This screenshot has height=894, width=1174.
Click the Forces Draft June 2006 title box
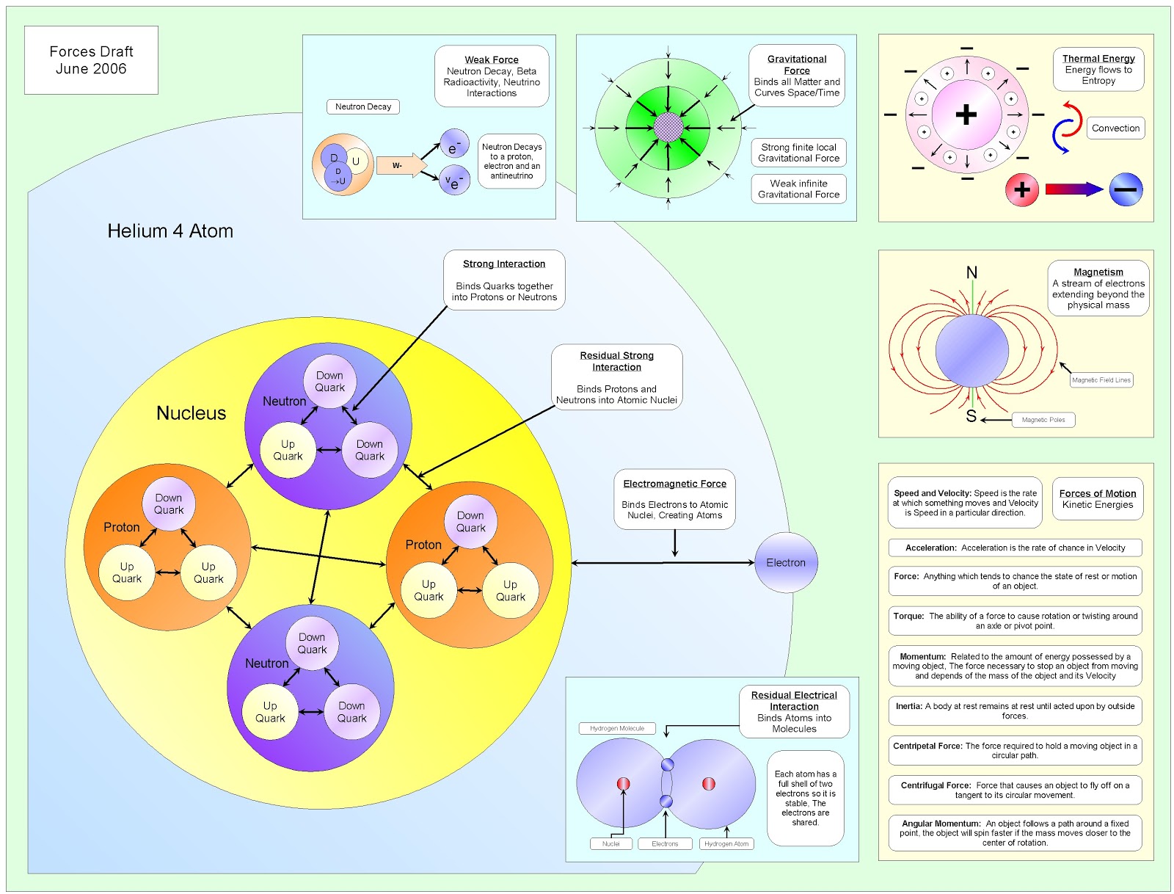coord(91,60)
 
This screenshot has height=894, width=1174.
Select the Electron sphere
coord(786,562)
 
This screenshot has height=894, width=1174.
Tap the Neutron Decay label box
coord(362,106)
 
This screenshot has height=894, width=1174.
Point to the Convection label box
coord(1115,128)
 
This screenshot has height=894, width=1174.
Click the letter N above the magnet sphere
coord(971,272)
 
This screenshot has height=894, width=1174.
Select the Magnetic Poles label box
coord(1043,420)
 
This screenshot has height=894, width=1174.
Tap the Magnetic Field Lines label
coord(1101,379)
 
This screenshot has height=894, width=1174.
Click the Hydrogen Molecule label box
coord(616,728)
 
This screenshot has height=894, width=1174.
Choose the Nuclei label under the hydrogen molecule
coord(610,843)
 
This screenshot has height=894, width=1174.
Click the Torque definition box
coord(1015,620)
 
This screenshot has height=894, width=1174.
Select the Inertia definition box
coord(1015,711)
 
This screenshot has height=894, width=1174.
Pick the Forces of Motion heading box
coord(1097,498)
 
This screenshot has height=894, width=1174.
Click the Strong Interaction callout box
coord(504,280)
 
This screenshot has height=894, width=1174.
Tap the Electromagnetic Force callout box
coord(674,499)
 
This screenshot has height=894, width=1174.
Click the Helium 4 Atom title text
coord(170,231)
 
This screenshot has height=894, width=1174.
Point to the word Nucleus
coord(191,413)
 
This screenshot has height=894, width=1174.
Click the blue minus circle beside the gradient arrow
coord(1125,189)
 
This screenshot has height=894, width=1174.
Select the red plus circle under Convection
coord(1021,190)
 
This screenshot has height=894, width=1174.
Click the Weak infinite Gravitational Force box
coord(798,189)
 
